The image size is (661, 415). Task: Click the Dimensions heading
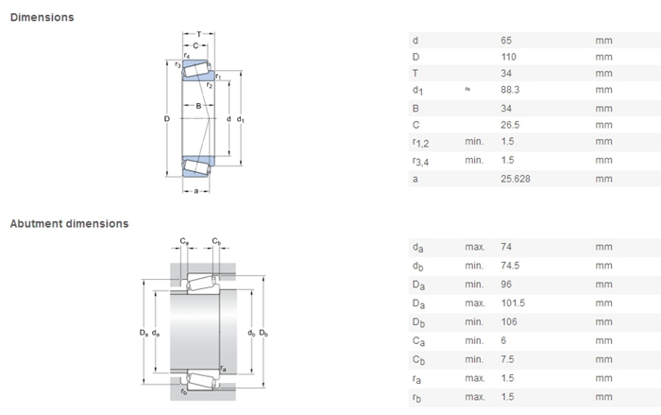point(42,17)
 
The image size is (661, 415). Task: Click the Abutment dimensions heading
point(69,224)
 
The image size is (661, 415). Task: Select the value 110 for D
point(508,57)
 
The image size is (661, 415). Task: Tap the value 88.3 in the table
point(510,91)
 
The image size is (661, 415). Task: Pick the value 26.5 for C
point(510,125)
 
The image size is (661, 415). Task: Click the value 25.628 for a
point(515,178)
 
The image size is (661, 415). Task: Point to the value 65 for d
point(505,40)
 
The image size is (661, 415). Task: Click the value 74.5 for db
point(510,267)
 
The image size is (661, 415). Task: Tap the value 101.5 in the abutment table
point(512,303)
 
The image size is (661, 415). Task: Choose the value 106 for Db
point(508,322)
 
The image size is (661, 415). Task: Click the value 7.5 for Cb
point(507,359)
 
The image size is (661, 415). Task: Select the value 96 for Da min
point(505,285)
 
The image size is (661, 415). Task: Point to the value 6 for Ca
point(502,341)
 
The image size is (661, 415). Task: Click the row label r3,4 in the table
point(420,161)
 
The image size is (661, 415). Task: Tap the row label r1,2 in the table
point(420,143)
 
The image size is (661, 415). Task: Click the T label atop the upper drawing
point(198,35)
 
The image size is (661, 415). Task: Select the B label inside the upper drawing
point(198,106)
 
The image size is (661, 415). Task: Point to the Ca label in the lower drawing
point(184,242)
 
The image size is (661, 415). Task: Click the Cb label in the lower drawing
point(216,242)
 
